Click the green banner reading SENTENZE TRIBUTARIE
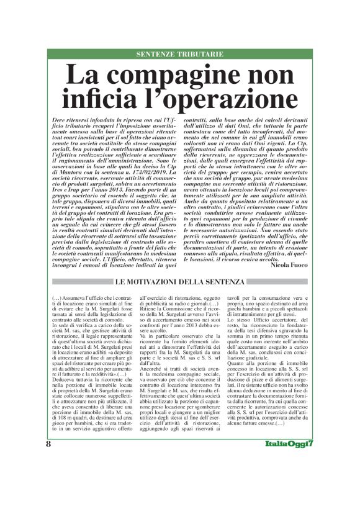click(180, 55)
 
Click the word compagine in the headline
click(179, 78)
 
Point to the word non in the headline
click(271, 78)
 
